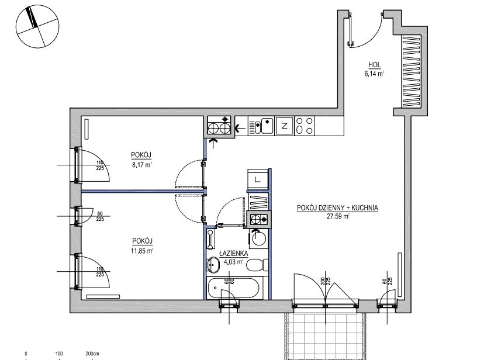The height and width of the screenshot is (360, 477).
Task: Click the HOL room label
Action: point(375,65)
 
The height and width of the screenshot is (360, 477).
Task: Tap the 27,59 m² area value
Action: point(338,216)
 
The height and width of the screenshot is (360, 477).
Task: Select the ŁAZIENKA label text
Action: point(234,253)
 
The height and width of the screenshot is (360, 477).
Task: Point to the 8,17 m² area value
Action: point(141,165)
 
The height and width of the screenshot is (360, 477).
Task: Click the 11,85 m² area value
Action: point(142,251)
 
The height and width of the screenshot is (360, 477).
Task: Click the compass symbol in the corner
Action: point(37,26)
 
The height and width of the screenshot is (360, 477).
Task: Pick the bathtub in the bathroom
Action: point(233,288)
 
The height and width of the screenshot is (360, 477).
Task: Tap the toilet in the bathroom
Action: point(257,265)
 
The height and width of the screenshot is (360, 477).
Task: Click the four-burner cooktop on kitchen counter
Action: point(305,126)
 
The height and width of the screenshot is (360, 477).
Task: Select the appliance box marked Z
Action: point(285,126)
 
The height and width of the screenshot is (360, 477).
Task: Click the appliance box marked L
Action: point(258,179)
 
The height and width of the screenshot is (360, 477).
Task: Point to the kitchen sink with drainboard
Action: point(261,126)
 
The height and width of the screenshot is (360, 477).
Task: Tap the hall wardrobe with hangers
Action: point(412,71)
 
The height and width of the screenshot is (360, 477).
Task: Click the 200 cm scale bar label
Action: point(92,354)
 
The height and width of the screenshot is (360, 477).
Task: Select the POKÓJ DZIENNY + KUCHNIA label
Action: point(337,208)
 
